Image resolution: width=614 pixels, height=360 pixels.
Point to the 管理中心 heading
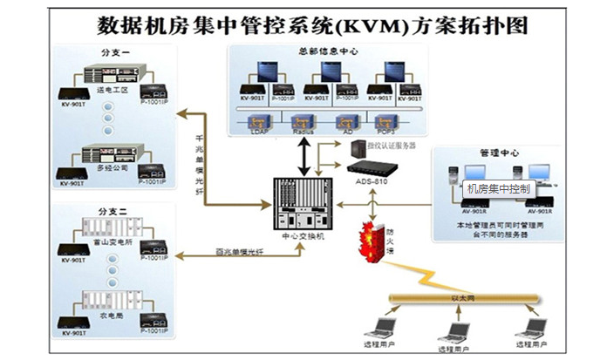pos(500,153)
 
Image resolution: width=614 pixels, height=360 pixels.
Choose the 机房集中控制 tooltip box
pos(499,187)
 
